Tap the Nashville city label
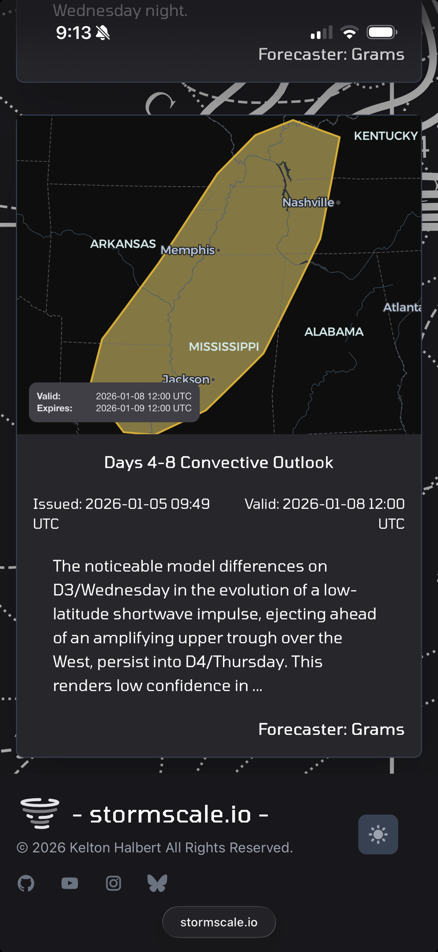click(x=309, y=202)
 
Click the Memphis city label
click(x=188, y=250)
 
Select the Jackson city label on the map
click(x=186, y=379)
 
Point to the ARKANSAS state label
click(x=123, y=244)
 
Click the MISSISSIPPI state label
click(x=224, y=347)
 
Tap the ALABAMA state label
click(x=334, y=331)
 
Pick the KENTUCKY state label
click(x=386, y=136)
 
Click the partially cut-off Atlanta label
click(x=402, y=307)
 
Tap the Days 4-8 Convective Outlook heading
click(x=219, y=462)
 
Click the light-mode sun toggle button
click(x=378, y=834)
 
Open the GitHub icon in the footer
click(x=26, y=883)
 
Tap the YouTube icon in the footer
click(x=70, y=883)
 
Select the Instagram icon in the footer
click(x=113, y=883)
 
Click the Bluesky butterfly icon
click(x=157, y=883)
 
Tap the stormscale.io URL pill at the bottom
click(x=219, y=922)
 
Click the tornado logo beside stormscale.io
click(x=40, y=813)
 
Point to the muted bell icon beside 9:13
click(x=103, y=32)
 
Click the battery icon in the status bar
click(x=382, y=32)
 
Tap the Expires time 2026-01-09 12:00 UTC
click(x=144, y=408)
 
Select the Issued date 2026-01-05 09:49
click(x=148, y=504)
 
